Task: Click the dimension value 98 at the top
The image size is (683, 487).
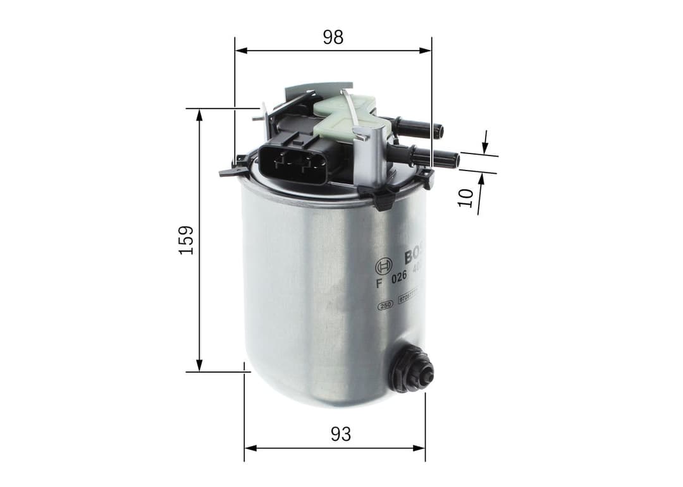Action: tap(333, 37)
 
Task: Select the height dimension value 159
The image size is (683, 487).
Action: tap(186, 240)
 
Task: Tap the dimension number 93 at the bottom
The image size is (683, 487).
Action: tap(340, 434)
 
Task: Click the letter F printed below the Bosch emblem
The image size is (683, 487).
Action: tap(379, 283)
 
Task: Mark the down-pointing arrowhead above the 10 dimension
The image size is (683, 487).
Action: tap(484, 148)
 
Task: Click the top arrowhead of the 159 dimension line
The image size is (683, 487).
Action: tap(199, 114)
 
